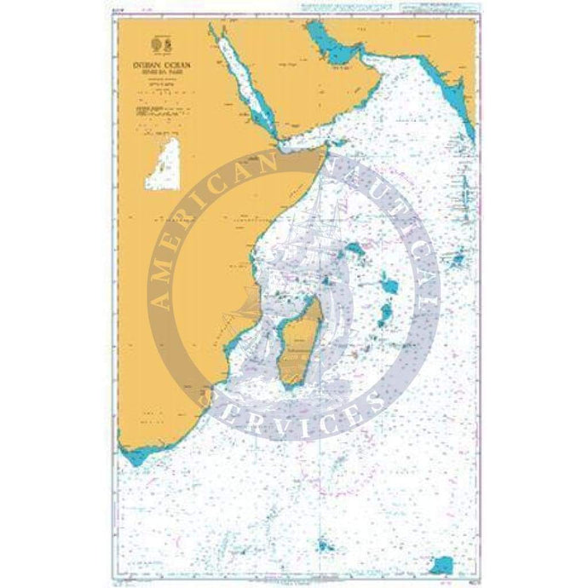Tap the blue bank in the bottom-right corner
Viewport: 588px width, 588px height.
click(442, 541)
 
